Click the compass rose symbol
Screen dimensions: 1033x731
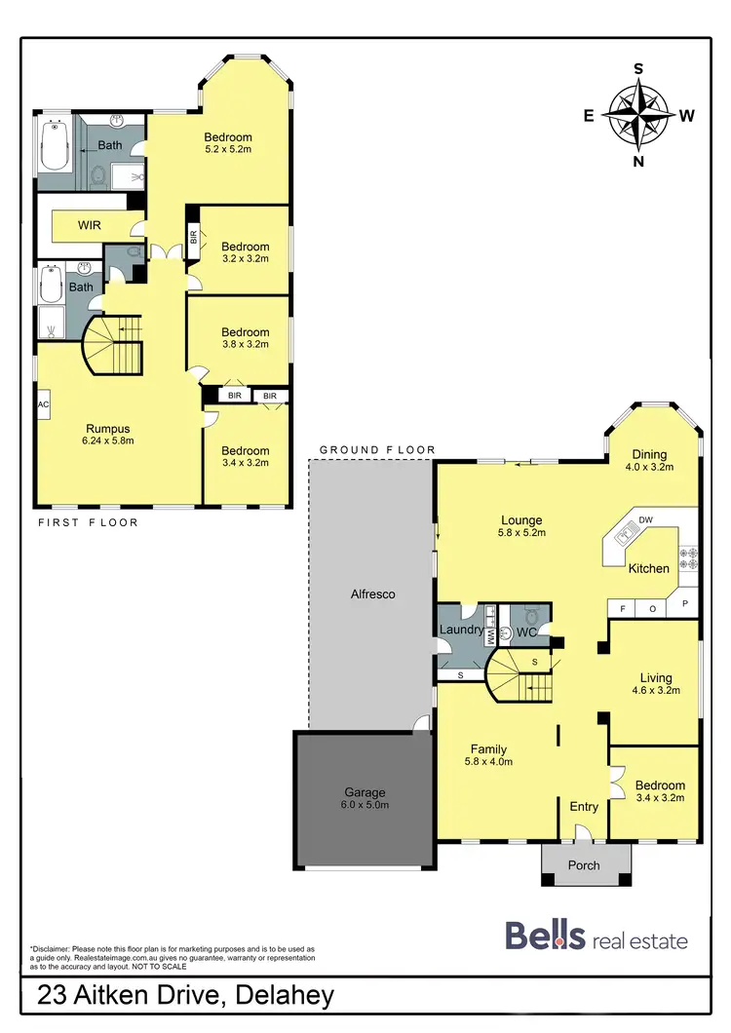(x=638, y=115)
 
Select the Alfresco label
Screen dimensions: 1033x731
(x=372, y=593)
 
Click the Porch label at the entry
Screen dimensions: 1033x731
(x=584, y=864)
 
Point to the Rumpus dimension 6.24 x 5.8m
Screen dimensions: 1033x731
(x=108, y=440)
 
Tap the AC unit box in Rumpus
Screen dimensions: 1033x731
(x=43, y=403)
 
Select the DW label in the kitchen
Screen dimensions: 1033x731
(x=645, y=518)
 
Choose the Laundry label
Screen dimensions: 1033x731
(x=461, y=630)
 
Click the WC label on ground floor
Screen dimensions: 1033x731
(x=527, y=632)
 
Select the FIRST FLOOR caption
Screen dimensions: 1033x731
(x=88, y=522)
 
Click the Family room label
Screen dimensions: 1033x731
(x=487, y=748)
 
